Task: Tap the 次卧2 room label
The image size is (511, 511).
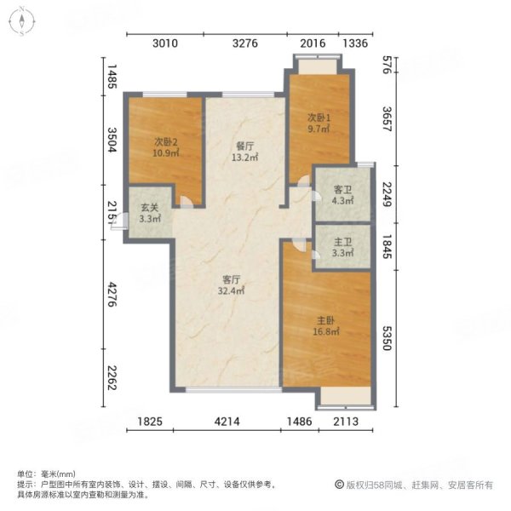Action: [165, 141]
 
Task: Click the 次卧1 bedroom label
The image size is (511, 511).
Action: [319, 117]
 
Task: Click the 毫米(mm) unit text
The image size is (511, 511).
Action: [59, 474]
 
